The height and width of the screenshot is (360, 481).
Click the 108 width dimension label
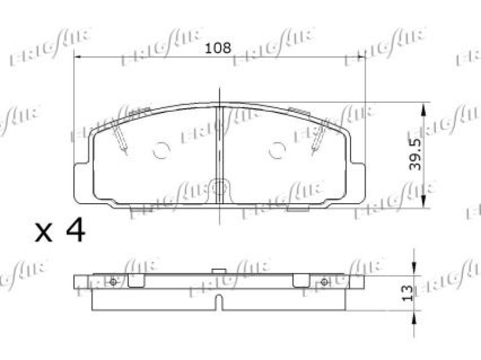coord(218,48)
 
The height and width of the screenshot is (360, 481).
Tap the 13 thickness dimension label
coord(407,293)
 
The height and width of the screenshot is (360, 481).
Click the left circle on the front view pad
coord(161,150)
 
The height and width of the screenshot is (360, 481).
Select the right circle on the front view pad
coord(277,150)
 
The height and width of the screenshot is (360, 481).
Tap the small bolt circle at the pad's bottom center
coord(219,188)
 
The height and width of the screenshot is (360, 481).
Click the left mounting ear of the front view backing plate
coord(81,183)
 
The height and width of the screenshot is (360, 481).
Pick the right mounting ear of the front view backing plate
coord(358,183)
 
